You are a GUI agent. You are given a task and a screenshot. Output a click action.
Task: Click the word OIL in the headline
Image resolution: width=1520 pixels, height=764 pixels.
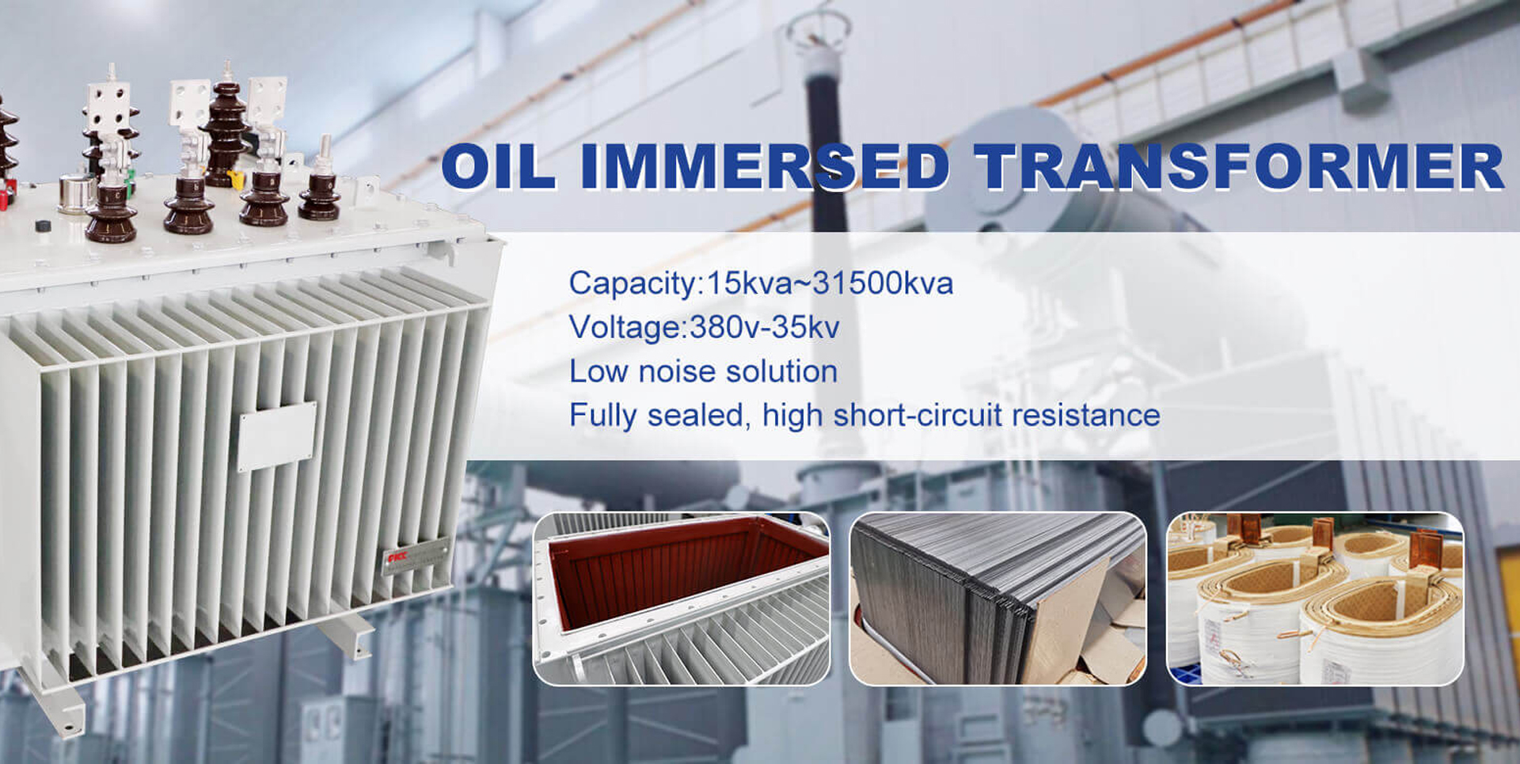point(498,167)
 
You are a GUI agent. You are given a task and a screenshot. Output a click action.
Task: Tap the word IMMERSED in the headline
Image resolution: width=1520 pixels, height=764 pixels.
point(765,167)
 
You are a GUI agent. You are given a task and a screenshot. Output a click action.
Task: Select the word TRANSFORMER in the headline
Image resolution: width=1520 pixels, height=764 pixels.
point(1239,167)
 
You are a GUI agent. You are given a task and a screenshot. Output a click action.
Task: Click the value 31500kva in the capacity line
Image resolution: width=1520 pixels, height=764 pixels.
point(883,283)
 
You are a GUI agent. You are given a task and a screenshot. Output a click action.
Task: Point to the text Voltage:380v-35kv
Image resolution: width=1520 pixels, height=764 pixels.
point(704,327)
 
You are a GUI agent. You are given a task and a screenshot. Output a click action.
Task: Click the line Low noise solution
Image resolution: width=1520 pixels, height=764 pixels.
point(703,371)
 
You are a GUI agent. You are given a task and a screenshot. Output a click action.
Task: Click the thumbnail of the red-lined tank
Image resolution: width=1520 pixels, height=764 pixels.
point(682,599)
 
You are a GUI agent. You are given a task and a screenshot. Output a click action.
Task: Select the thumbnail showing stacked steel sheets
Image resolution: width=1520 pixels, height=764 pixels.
point(997,599)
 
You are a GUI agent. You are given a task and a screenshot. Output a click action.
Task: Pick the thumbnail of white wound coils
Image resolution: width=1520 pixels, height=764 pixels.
point(1315,599)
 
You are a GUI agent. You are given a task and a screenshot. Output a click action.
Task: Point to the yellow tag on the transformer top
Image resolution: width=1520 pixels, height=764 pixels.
point(236,178)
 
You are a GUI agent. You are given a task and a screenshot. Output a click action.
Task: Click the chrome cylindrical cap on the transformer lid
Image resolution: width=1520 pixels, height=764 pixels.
point(77,194)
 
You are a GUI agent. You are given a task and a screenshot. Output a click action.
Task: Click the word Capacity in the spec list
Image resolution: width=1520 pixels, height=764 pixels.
point(632,283)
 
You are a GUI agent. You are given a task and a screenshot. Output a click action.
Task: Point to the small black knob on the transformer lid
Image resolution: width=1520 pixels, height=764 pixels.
point(44,226)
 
